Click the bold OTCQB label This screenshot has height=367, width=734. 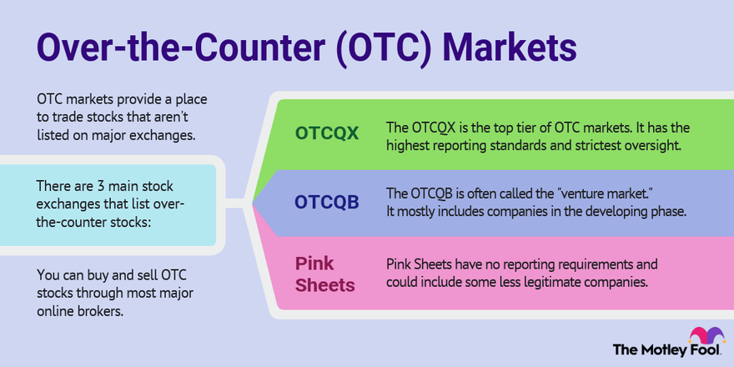[328, 202]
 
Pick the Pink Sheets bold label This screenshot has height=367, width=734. [325, 274]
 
